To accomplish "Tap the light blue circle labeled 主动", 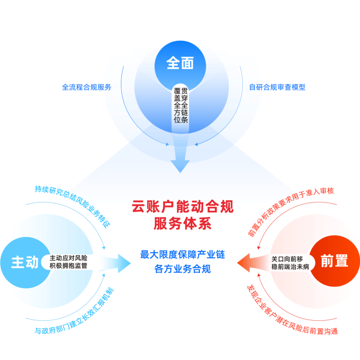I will coord(24,262).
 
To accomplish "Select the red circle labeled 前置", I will coord(334,261).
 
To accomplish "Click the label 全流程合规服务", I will coord(87,87).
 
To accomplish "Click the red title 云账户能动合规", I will coord(180,206).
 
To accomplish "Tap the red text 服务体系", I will coord(180,222).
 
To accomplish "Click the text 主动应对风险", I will coord(69,257).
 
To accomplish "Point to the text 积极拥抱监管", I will coord(69,266).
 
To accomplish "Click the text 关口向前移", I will coord(290,258).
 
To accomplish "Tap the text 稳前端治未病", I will coord(290,267).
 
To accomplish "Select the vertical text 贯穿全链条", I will coord(184,105).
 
